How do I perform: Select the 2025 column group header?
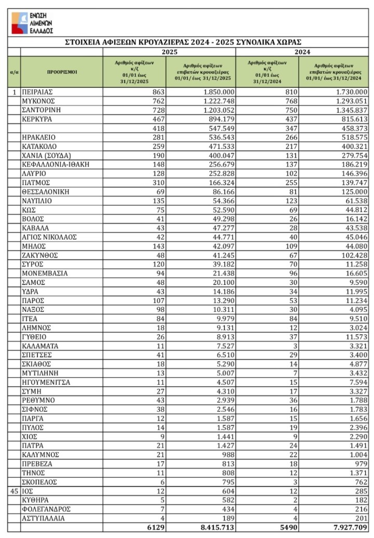[169, 52]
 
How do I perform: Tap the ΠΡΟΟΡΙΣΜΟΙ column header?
[61, 72]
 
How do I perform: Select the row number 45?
[15, 491]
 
